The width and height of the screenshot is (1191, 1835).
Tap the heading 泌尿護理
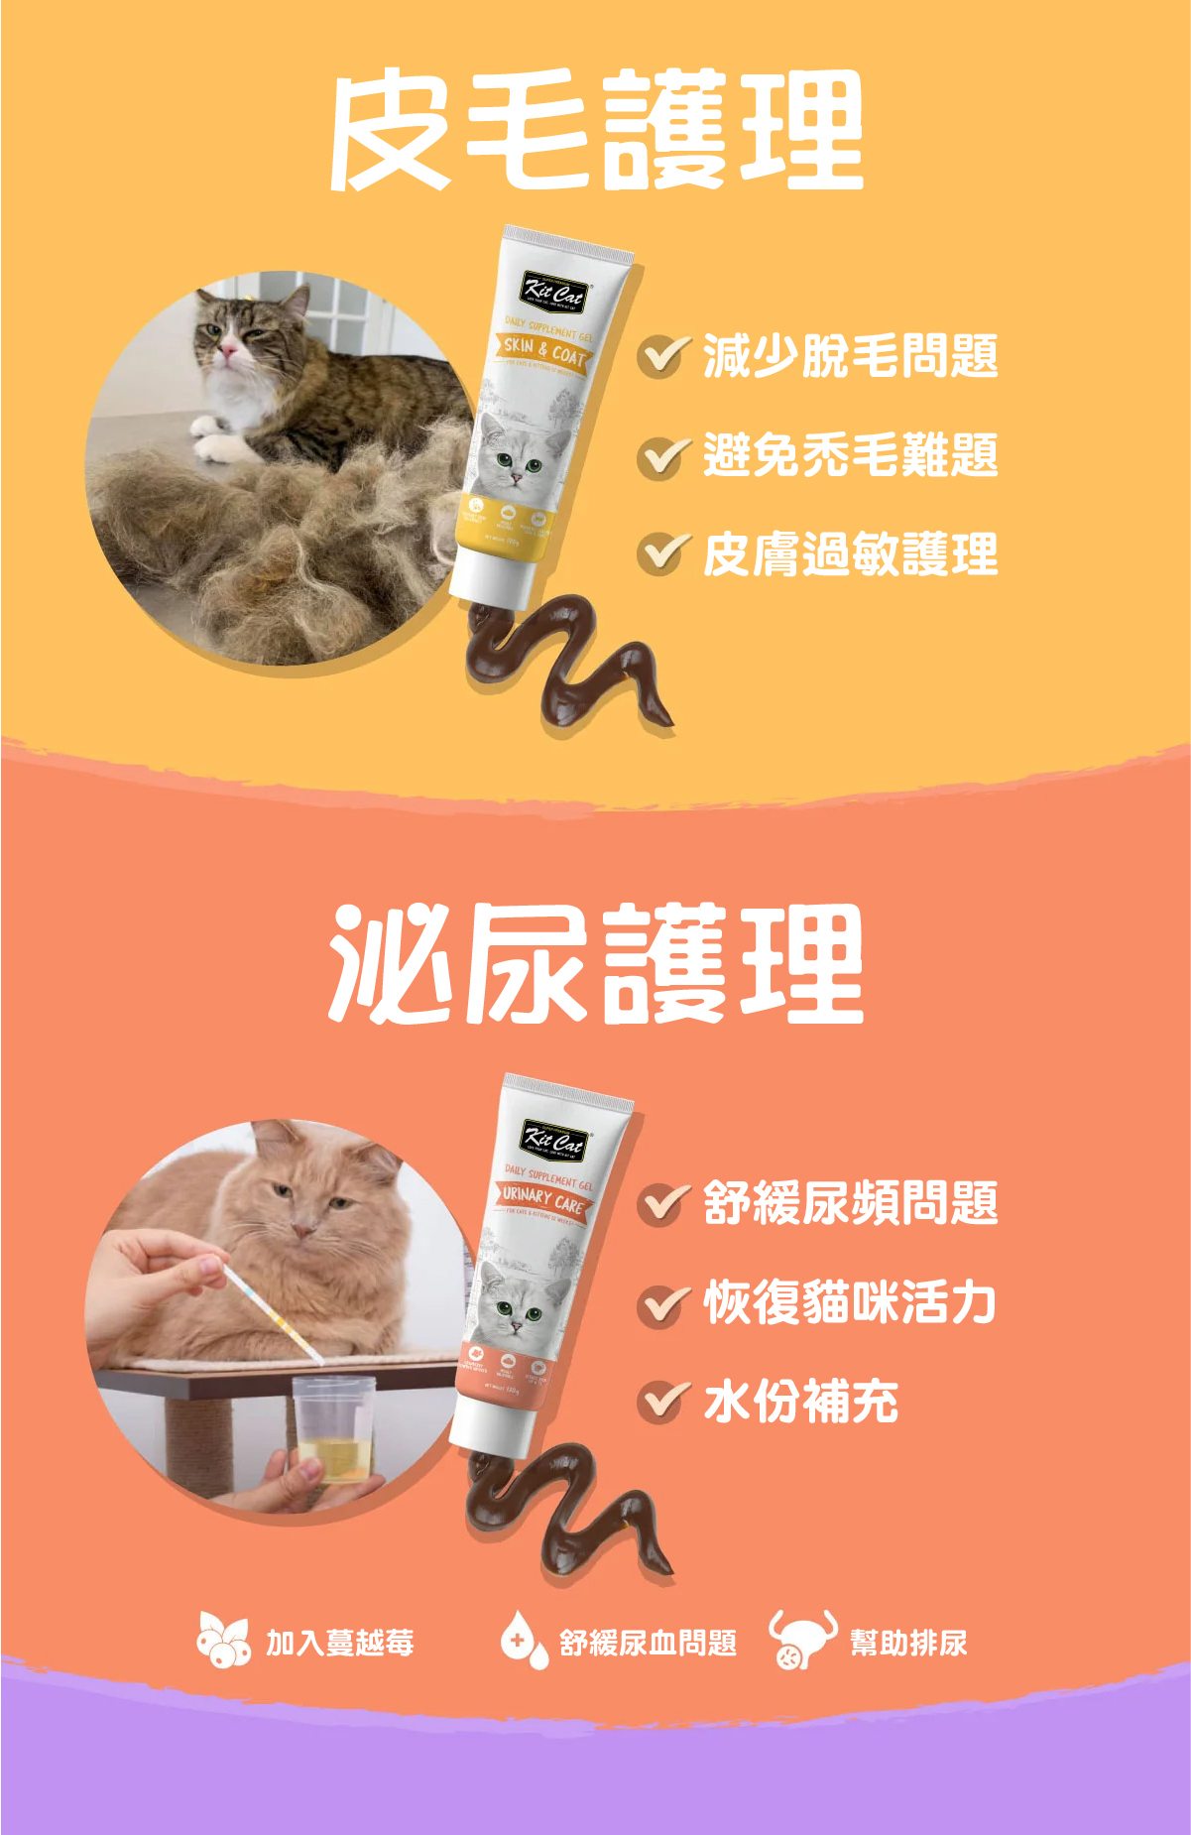[596, 963]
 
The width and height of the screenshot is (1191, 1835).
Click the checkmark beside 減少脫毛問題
[662, 356]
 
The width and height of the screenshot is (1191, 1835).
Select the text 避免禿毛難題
[850, 455]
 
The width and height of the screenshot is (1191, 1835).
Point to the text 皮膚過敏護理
[850, 554]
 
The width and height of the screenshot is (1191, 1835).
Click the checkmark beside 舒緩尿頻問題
[662, 1203]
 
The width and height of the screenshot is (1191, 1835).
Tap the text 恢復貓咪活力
[850, 1302]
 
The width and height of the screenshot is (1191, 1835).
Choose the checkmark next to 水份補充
[662, 1402]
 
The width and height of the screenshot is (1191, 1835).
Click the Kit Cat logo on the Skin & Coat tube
[556, 291]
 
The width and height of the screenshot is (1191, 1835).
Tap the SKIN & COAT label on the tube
[544, 350]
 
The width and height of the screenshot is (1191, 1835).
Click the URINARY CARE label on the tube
[543, 1199]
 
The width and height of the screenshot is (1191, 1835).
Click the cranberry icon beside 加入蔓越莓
[223, 1642]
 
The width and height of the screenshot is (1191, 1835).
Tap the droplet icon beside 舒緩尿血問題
[523, 1642]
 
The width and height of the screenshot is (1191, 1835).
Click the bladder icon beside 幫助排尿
[800, 1640]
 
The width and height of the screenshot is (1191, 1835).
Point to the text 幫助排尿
[908, 1643]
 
